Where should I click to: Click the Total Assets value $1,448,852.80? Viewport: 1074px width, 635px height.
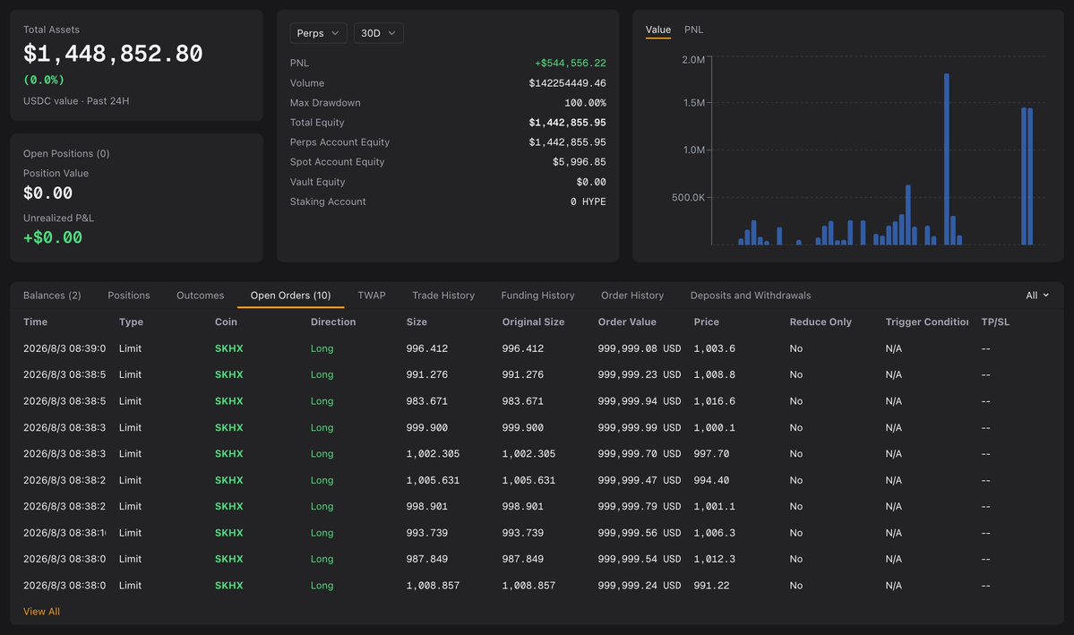coord(113,54)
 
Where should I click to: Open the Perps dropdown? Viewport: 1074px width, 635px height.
coord(318,33)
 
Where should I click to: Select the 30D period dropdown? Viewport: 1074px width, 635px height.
coord(378,33)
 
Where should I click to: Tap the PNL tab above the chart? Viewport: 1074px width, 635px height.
coord(693,30)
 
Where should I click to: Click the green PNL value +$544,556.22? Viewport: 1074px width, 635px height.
coord(570,63)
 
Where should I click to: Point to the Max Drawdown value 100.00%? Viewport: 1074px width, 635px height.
coord(585,103)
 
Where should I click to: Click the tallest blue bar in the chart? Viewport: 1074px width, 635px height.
coord(947,159)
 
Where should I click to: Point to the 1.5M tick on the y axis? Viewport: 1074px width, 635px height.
coord(693,103)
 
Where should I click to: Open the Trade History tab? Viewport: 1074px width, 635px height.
coord(443,296)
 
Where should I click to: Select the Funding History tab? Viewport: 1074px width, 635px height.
coord(537,296)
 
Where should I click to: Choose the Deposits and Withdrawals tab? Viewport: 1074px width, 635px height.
coord(750,296)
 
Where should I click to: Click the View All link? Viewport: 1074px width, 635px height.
coord(42,612)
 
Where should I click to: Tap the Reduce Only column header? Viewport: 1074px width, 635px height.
coord(820,322)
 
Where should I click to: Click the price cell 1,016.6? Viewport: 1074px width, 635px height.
coord(714,401)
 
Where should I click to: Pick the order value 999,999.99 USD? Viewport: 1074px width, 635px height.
coord(639,427)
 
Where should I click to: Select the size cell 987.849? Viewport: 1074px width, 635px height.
coord(426,559)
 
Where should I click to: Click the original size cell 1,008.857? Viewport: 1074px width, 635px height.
coord(528,586)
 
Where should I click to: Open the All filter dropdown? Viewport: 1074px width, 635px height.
coord(1037,296)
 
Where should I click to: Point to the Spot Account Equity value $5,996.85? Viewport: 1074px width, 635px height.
coord(579,162)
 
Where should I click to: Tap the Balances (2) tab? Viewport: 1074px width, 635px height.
coord(52,296)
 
